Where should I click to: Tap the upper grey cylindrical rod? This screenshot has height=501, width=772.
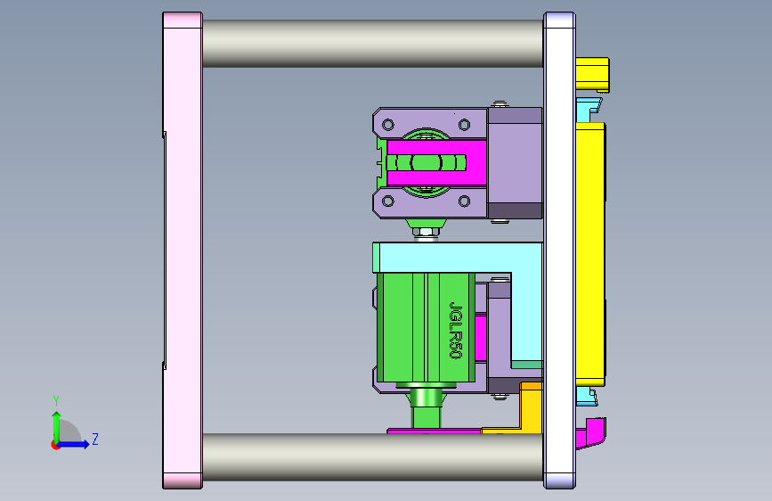pyautogui.click(x=373, y=44)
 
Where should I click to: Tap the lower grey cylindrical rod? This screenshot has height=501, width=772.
pyautogui.click(x=373, y=457)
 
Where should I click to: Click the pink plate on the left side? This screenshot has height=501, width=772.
pyautogui.click(x=183, y=250)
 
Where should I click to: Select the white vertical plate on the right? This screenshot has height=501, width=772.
pyautogui.click(x=559, y=250)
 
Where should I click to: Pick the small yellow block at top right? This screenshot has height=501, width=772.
pyautogui.click(x=592, y=74)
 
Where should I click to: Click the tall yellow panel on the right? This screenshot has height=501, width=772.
pyautogui.click(x=590, y=254)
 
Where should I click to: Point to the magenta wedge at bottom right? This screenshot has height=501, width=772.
pyautogui.click(x=592, y=433)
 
